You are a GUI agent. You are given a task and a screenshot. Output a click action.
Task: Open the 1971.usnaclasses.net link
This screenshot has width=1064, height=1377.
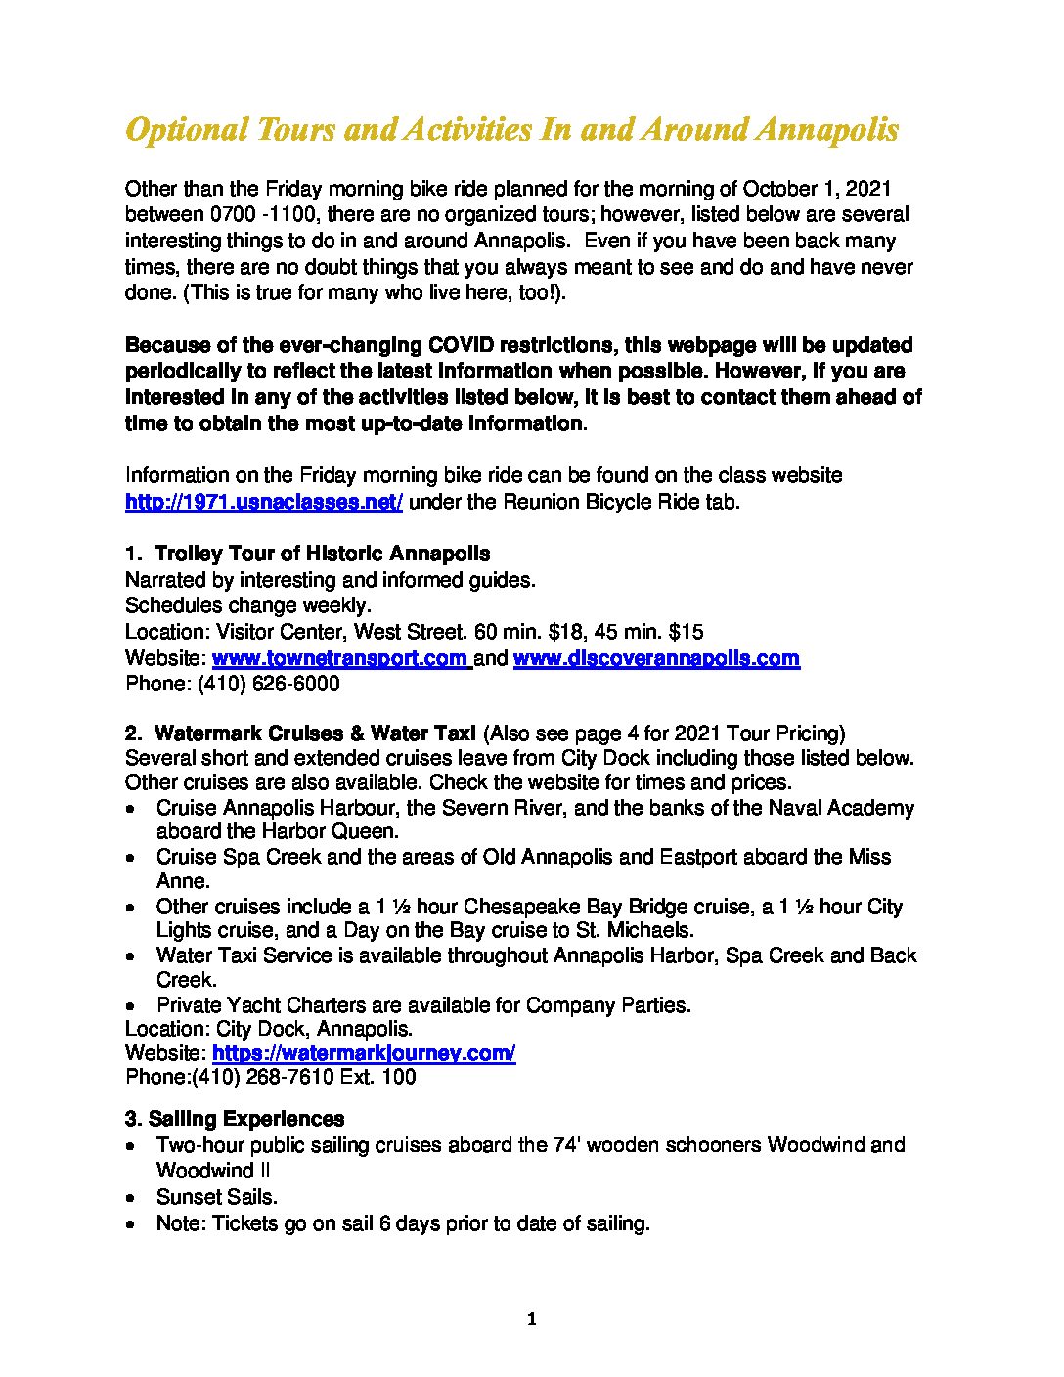coord(264,502)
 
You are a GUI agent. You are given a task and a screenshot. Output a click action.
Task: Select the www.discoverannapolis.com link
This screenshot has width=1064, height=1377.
coord(656,658)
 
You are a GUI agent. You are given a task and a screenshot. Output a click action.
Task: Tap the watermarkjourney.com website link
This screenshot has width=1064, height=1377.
coord(364,1053)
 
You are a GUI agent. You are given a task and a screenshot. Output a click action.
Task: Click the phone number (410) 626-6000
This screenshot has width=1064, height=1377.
coord(269,684)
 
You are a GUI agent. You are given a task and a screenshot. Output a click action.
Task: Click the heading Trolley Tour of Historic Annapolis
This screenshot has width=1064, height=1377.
coord(323,555)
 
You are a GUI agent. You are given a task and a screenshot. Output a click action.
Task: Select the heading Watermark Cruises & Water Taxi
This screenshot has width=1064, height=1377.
coord(315,733)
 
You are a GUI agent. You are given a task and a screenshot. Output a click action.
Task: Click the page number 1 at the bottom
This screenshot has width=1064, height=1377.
coord(531,1319)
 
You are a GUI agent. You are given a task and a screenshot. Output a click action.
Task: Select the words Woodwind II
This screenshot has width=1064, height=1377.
coord(213,1171)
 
